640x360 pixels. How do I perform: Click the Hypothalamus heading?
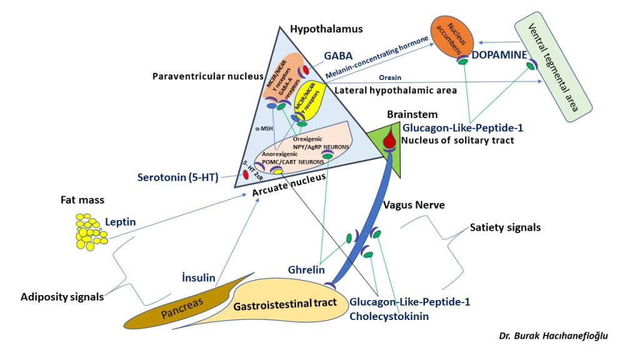(x=326, y=29)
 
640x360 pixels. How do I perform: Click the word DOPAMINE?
(x=500, y=55)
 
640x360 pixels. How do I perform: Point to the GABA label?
(x=338, y=56)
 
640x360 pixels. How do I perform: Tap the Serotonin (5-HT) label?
(x=177, y=177)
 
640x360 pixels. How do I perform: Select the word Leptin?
(x=121, y=222)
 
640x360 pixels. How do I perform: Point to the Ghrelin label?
(x=306, y=270)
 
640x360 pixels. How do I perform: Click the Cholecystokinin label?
(x=389, y=317)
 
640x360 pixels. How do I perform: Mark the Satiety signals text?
(x=505, y=227)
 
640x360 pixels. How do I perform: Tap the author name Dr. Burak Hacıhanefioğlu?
(x=553, y=336)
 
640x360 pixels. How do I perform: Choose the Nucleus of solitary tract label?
(x=457, y=141)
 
